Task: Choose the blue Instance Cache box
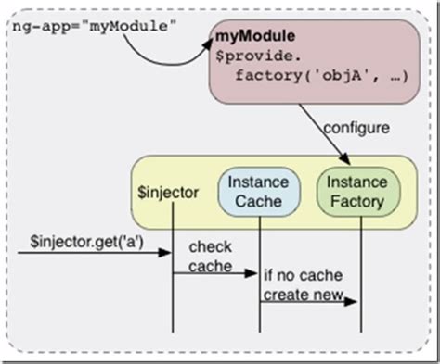[259, 191]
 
